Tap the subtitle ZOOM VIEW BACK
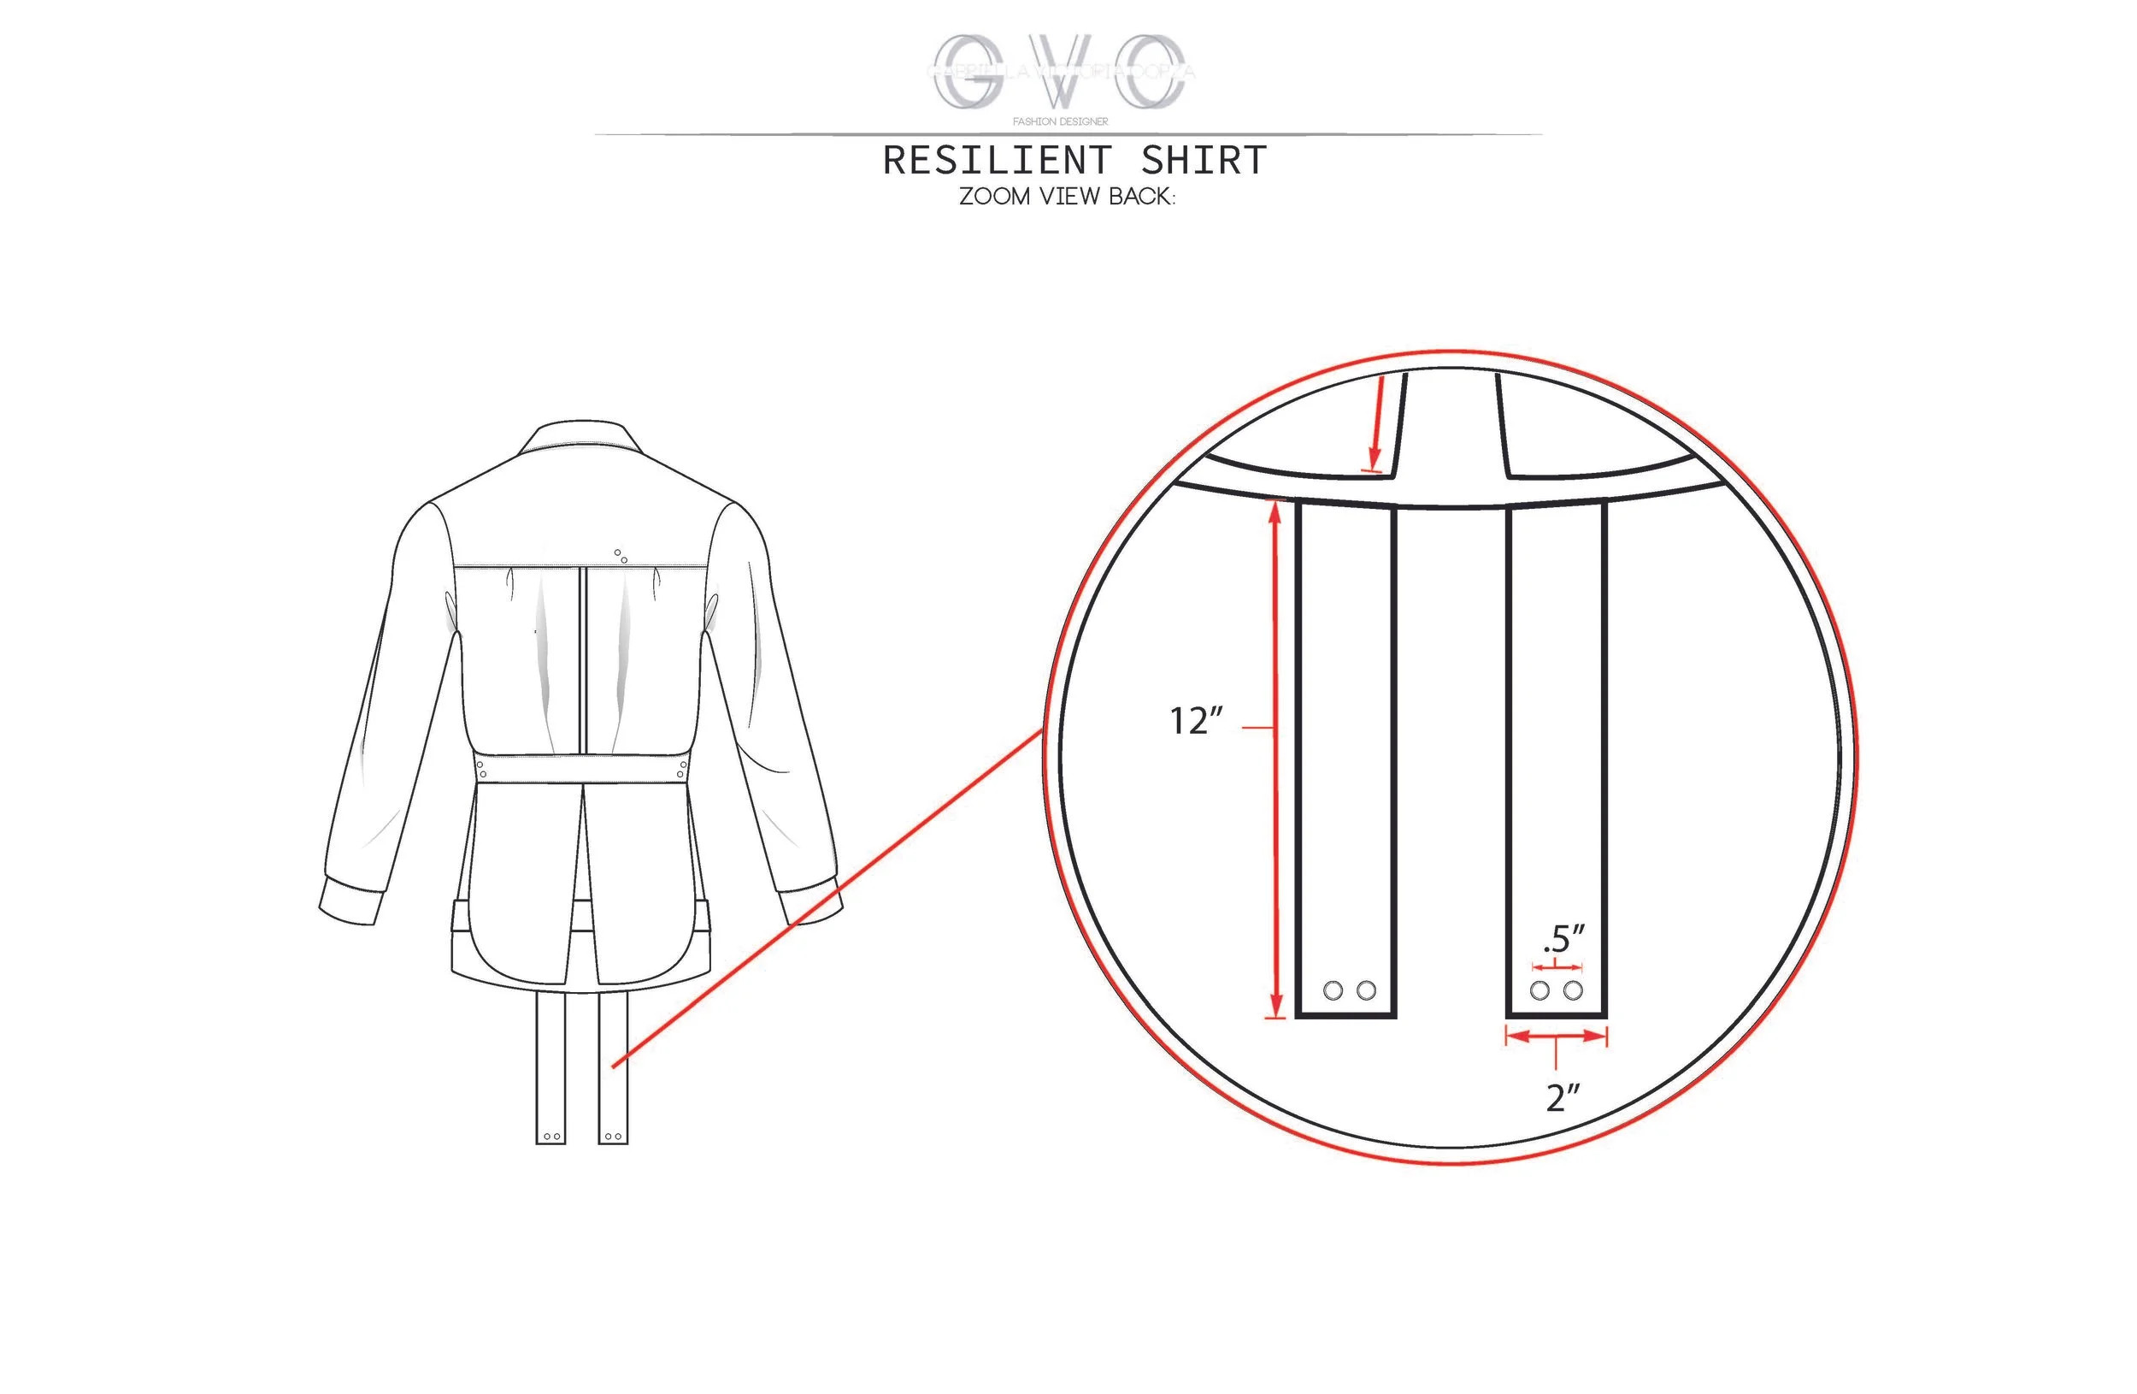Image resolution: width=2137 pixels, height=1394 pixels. (x=1067, y=197)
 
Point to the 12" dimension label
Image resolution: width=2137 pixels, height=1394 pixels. (x=1195, y=721)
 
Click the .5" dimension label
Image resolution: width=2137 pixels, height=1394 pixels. (x=1563, y=940)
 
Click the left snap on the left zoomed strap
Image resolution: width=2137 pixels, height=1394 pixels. (x=1333, y=990)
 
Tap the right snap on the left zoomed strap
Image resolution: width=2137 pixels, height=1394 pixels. (x=1367, y=990)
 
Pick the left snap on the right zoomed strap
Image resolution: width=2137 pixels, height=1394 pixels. (x=1539, y=990)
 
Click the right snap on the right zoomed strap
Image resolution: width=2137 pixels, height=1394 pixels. (x=1573, y=990)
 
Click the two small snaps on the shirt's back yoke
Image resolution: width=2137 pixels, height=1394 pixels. (x=621, y=556)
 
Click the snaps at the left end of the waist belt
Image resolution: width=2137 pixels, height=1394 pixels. (x=482, y=769)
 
